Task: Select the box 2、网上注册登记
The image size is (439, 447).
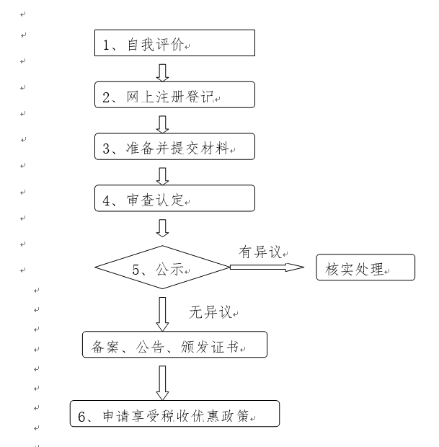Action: click(x=175, y=95)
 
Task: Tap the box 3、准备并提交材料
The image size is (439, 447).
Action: click(x=175, y=147)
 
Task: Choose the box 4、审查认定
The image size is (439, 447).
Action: click(x=175, y=198)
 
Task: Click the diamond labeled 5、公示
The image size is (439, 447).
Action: click(x=162, y=268)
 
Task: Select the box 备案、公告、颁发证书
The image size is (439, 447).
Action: click(x=174, y=345)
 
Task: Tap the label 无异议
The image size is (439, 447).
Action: click(x=211, y=313)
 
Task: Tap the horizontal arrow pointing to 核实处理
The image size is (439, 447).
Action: click(x=267, y=267)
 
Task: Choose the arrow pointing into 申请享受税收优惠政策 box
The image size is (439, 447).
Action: click(x=162, y=381)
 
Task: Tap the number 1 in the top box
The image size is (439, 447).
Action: click(x=106, y=44)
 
